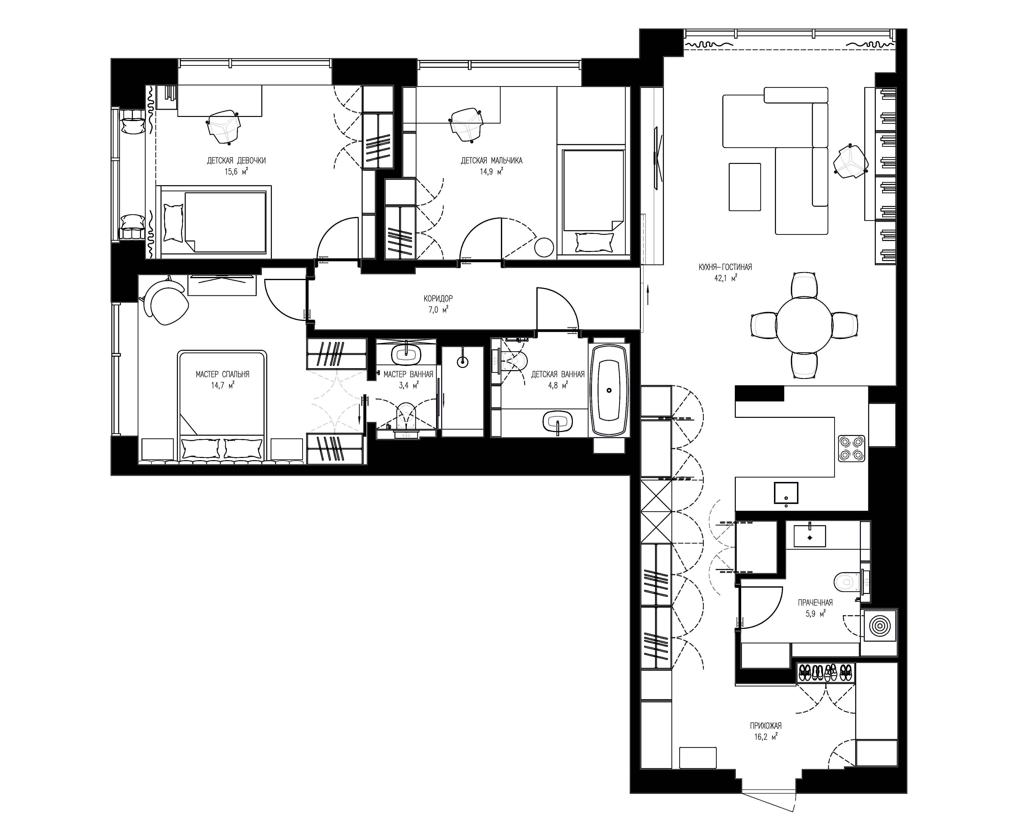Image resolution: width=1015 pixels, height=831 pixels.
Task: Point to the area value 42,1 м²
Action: (x=725, y=278)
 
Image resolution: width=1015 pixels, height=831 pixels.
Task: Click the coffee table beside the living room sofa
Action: (x=745, y=187)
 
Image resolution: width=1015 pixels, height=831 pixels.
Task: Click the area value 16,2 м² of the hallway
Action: (x=766, y=737)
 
